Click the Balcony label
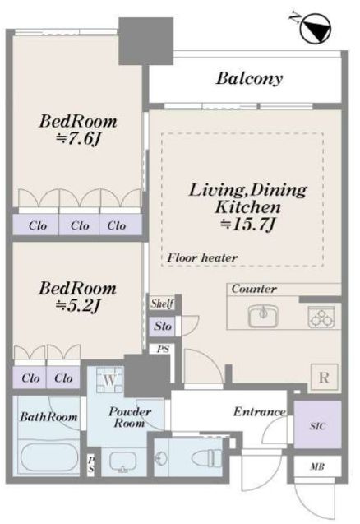click(249, 78)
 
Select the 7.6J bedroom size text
click(79, 139)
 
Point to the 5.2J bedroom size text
click(78, 305)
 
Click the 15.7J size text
click(247, 225)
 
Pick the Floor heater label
click(202, 257)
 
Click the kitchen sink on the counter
click(264, 316)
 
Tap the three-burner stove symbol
click(321, 317)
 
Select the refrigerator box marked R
click(324, 378)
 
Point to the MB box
click(317, 466)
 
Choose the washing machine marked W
click(109, 380)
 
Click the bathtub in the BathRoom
click(49, 457)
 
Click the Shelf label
click(162, 304)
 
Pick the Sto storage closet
click(162, 326)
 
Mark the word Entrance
click(260, 411)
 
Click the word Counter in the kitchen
click(254, 289)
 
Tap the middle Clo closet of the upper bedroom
click(79, 225)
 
